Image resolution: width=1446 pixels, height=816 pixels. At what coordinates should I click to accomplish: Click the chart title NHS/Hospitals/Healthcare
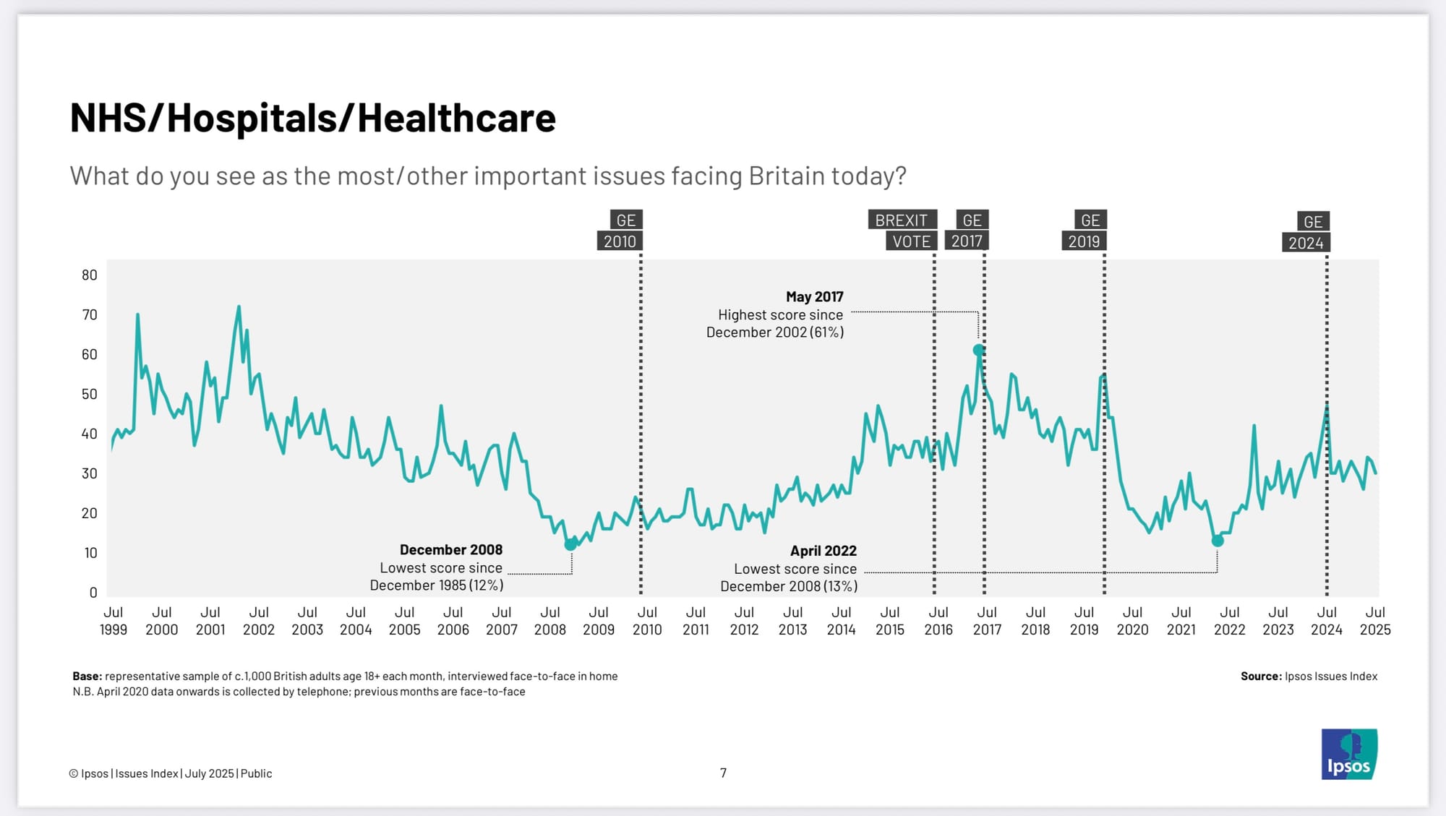(x=312, y=118)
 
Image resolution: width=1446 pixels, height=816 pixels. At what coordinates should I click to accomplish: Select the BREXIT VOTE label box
(x=903, y=231)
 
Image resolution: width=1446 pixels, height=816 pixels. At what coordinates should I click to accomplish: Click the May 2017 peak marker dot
(x=978, y=350)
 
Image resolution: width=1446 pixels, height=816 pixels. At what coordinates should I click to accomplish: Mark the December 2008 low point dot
(x=570, y=544)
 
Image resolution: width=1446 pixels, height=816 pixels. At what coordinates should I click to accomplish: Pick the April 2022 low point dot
(x=1218, y=540)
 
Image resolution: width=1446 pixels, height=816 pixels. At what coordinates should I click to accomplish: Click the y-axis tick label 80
(x=89, y=275)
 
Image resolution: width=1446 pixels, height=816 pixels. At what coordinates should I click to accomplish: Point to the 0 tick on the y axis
(x=93, y=593)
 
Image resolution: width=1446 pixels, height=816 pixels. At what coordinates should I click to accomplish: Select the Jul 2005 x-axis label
(x=404, y=621)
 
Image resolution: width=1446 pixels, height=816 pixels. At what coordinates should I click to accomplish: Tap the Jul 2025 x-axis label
(x=1374, y=621)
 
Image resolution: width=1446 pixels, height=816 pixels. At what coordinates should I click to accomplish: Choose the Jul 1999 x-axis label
(x=113, y=621)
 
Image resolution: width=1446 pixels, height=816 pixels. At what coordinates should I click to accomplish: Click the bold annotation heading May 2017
(x=814, y=296)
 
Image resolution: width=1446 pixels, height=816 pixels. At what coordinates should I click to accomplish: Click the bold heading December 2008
(x=450, y=550)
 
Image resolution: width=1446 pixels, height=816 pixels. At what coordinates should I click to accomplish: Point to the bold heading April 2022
(x=823, y=551)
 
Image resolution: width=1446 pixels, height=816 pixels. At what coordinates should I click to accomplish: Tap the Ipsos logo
(x=1349, y=754)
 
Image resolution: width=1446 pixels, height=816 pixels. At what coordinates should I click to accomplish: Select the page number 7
(x=723, y=773)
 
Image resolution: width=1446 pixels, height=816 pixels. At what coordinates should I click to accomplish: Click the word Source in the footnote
(x=1260, y=677)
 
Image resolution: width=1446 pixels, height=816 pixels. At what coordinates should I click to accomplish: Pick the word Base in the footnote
(x=86, y=677)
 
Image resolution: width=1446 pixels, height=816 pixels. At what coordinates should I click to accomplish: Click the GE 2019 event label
(x=1084, y=231)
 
